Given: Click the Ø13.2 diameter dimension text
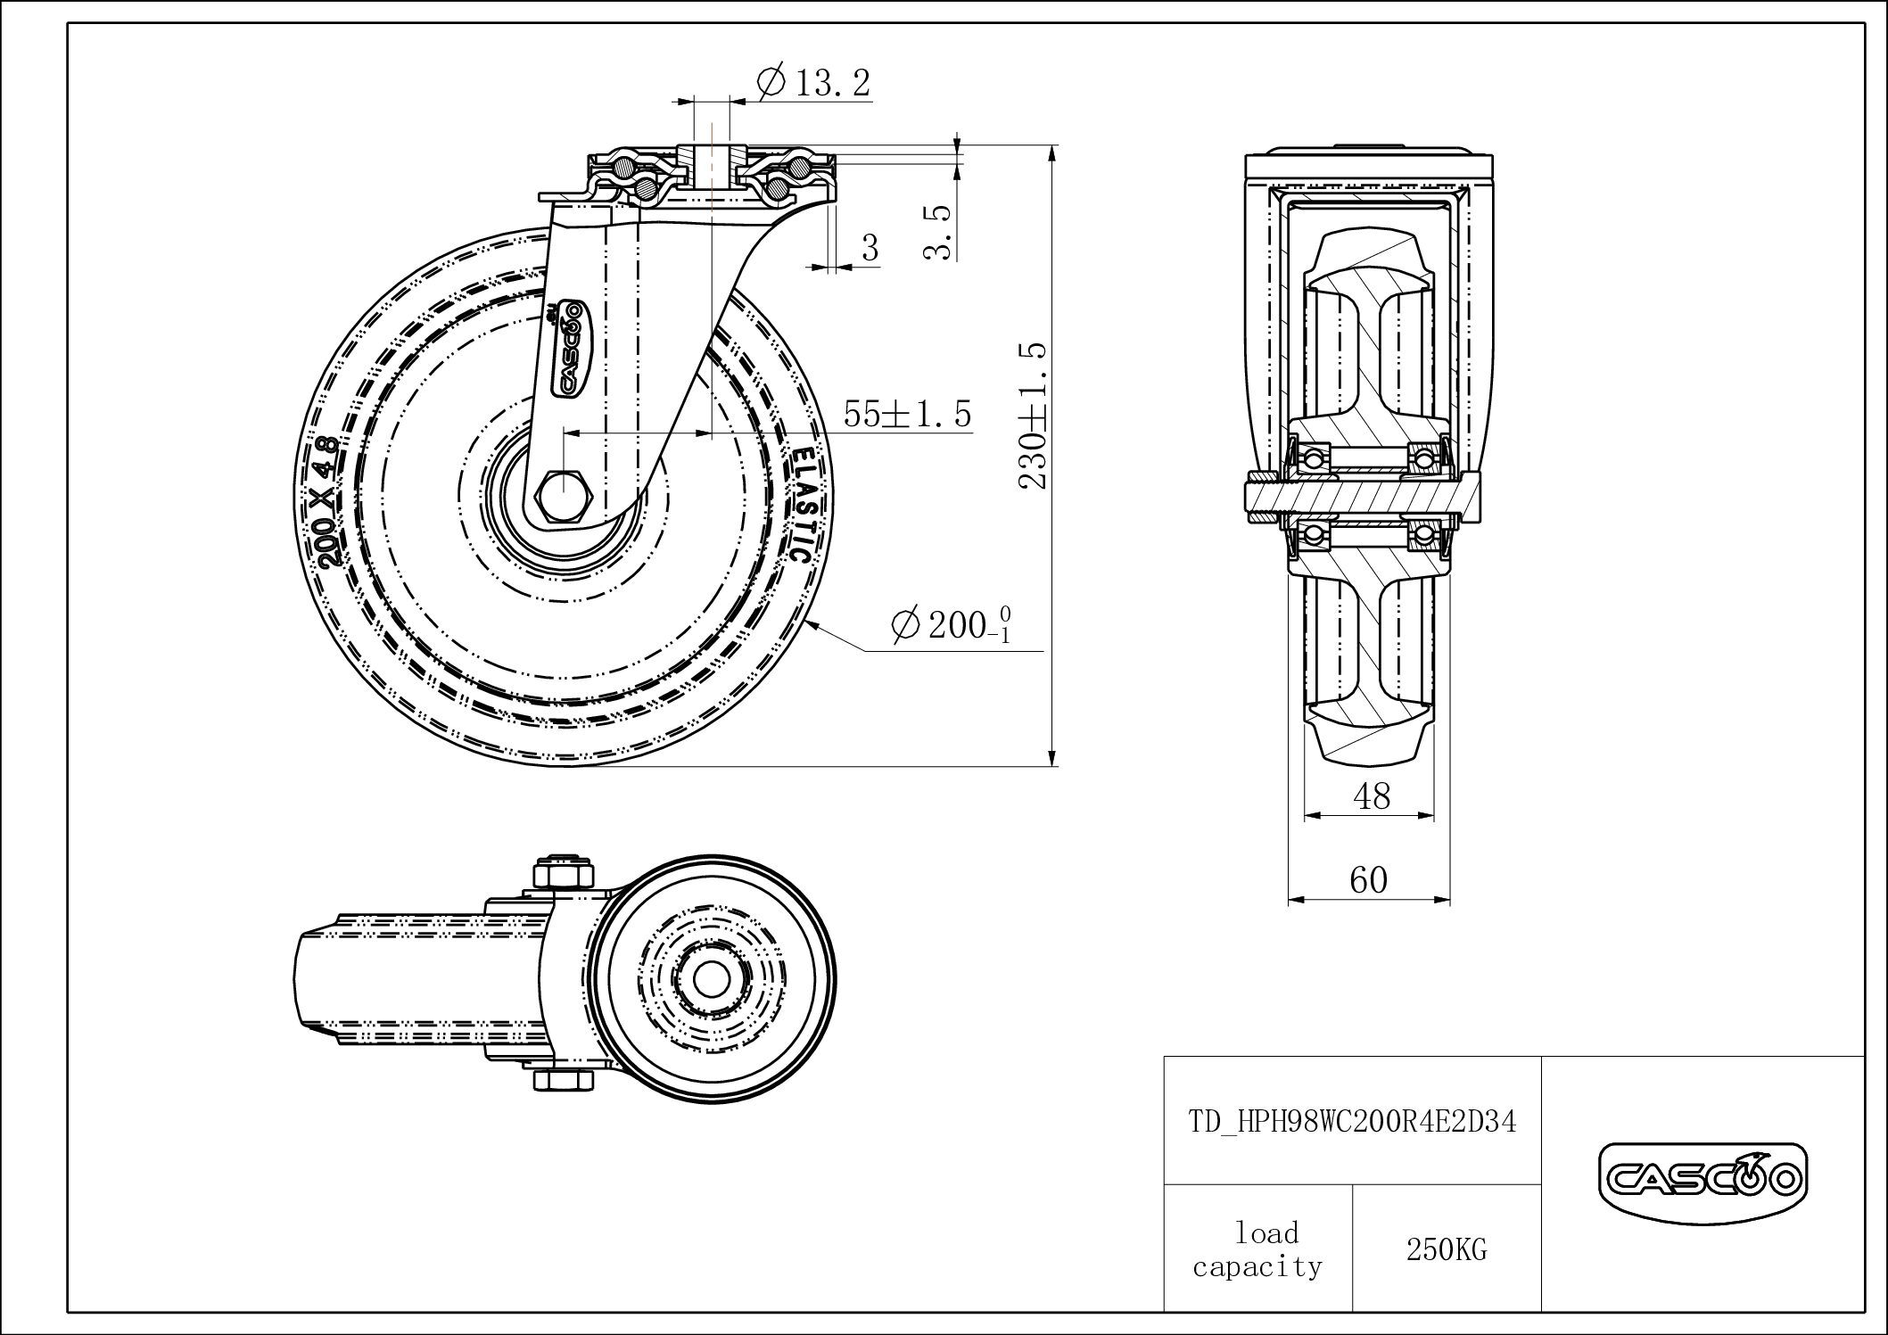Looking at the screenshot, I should [x=812, y=83].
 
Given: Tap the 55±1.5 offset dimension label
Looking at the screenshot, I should [x=906, y=415].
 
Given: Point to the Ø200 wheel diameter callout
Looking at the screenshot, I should [x=950, y=625].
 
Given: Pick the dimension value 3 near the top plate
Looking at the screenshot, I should [x=870, y=248].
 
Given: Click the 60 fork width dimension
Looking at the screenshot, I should [x=1368, y=880].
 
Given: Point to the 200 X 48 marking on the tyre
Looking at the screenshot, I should [x=328, y=502].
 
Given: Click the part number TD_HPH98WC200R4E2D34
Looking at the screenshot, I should [x=1352, y=1122].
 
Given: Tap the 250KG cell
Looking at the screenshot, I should [x=1447, y=1250].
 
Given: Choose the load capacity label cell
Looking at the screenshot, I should [x=1257, y=1250].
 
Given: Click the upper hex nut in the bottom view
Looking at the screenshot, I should [x=563, y=872].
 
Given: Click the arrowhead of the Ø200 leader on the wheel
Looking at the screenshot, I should [x=813, y=623].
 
